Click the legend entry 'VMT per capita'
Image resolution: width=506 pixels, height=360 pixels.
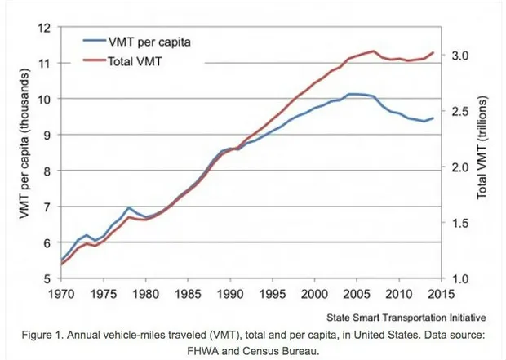tap(153, 41)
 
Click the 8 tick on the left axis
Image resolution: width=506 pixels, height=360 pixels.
tap(50, 171)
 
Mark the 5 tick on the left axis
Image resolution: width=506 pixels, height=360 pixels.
tap(50, 278)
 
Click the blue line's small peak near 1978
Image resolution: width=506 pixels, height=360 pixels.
tap(129, 208)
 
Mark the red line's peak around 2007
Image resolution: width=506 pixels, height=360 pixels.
tap(374, 51)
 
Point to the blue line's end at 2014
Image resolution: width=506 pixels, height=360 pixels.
tap(433, 118)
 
